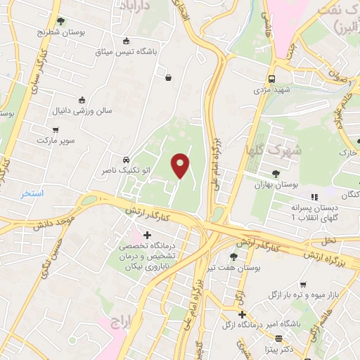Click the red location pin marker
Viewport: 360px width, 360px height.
coord(181,166)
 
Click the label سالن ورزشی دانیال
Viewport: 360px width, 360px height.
coord(78,111)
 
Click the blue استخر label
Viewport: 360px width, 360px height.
coord(32,193)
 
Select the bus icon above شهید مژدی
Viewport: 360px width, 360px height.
coord(272,79)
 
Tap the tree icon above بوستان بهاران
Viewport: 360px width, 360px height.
coord(276,172)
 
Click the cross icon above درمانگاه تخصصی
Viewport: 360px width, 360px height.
coord(146,235)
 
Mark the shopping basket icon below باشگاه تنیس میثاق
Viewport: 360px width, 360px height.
coord(169,78)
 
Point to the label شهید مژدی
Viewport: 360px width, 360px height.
coord(272,91)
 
